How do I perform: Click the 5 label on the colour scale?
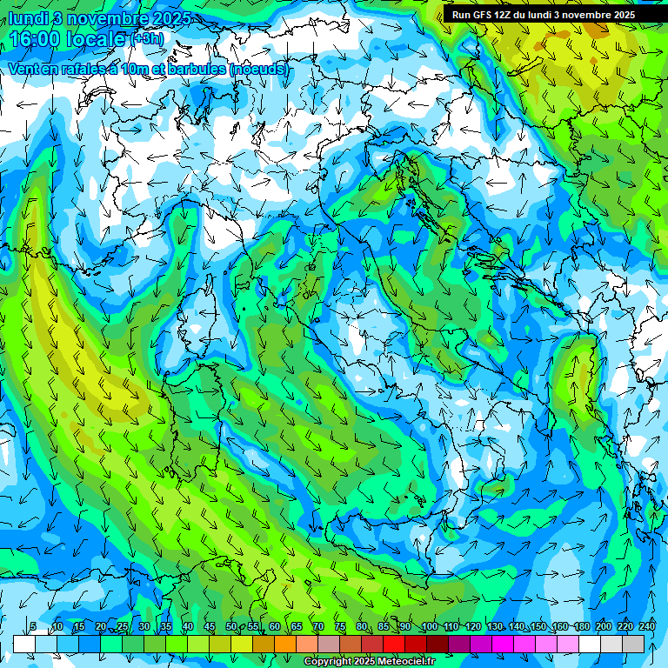(33, 626)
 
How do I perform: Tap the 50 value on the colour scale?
(230, 626)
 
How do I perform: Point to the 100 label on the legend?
(429, 626)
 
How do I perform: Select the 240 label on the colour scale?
(647, 626)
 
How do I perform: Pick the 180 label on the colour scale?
(581, 626)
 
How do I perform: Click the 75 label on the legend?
(340, 626)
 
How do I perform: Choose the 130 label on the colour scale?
(494, 626)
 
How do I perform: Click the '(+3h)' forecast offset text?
(146, 39)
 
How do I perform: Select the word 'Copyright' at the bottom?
(325, 662)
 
